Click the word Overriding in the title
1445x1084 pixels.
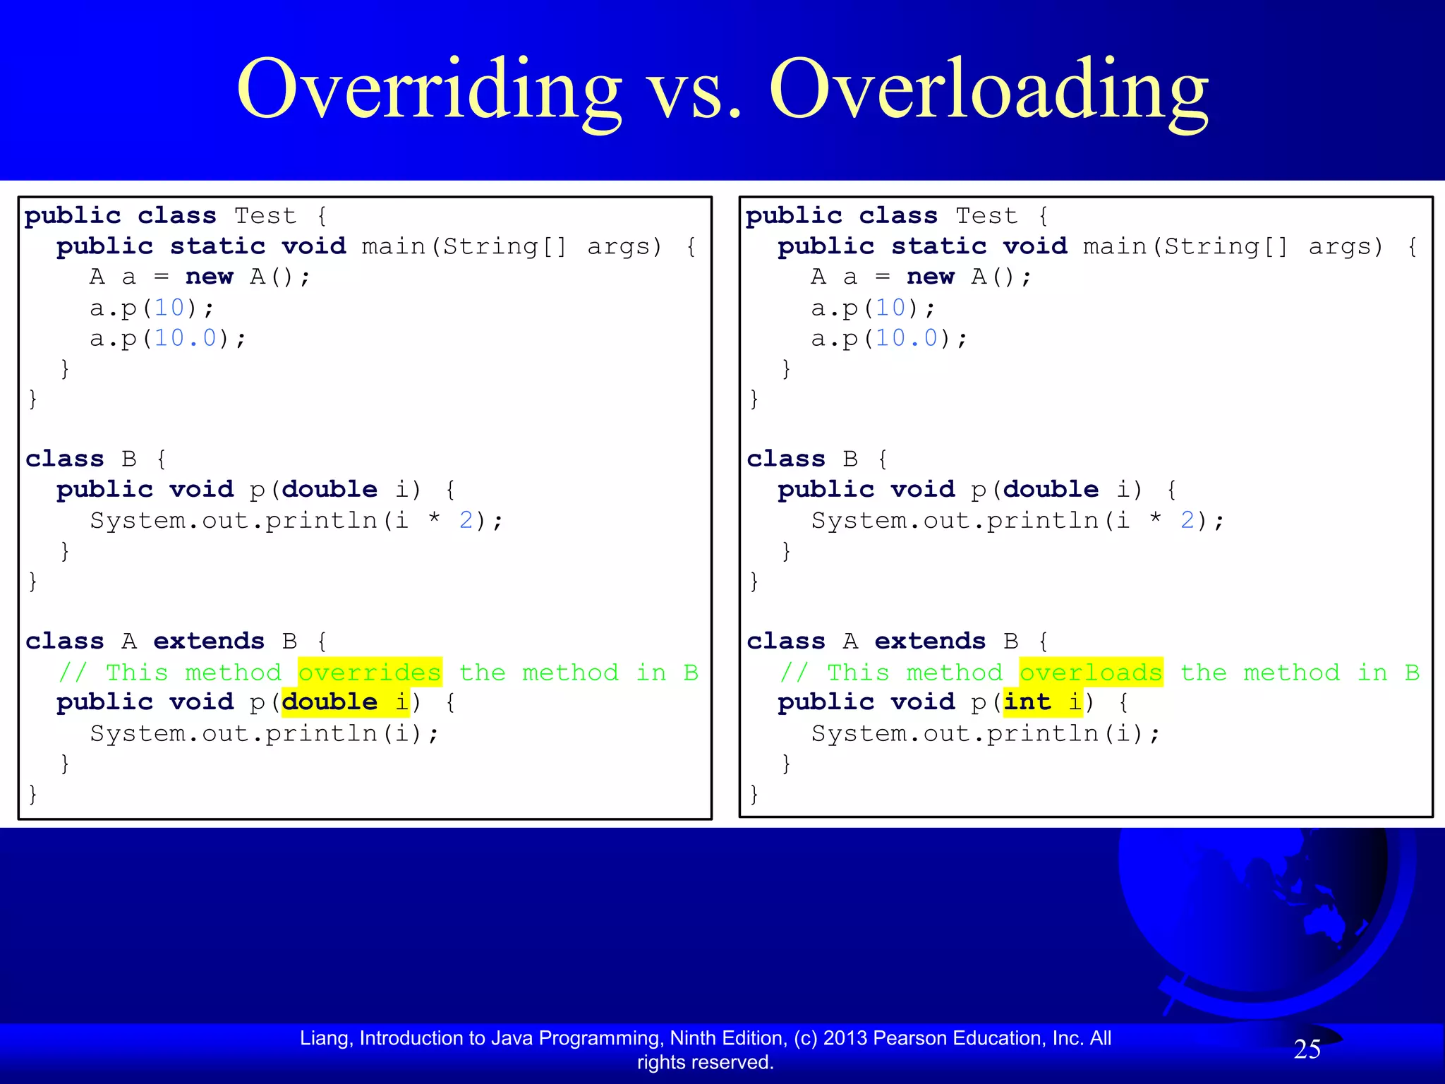pos(429,90)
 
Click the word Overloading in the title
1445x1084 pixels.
pos(989,90)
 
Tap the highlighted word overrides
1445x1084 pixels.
pos(370,673)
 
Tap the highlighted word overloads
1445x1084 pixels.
pos(1091,673)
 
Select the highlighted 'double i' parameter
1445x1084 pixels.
pos(345,703)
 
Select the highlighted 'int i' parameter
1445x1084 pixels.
pos(1042,703)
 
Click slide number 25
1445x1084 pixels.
pos(1307,1049)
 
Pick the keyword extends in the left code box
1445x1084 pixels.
pos(209,642)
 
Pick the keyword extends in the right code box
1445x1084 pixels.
pos(930,642)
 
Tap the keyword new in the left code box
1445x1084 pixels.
pos(209,277)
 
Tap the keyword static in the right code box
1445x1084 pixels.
pos(938,246)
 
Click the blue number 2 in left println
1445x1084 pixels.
pos(466,521)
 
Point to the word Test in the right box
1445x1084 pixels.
pos(986,216)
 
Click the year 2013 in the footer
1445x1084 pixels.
pos(845,1038)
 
